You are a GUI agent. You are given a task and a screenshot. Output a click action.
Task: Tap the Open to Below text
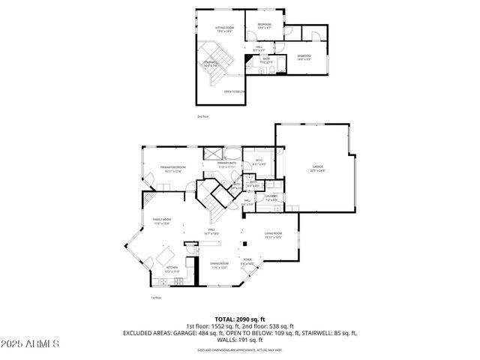click(x=234, y=91)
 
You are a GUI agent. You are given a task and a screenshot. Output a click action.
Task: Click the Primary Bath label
click(x=226, y=164)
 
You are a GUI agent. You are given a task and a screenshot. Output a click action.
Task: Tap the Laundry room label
click(x=271, y=198)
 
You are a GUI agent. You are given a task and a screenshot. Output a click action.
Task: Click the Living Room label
click(x=272, y=235)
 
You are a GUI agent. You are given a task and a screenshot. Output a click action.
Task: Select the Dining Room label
click(x=219, y=265)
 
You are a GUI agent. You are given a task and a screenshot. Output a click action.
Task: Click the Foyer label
click(x=247, y=262)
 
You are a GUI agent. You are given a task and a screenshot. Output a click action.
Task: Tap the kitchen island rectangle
click(x=164, y=258)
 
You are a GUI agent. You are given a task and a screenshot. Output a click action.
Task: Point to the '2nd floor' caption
click(x=202, y=117)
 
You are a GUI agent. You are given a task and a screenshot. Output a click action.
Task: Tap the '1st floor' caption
click(x=157, y=298)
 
